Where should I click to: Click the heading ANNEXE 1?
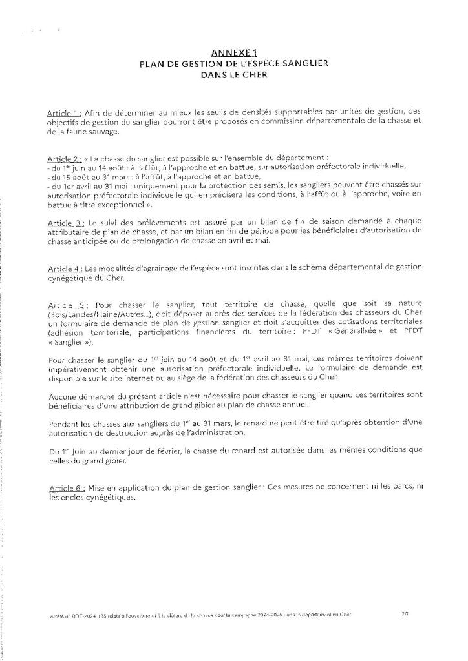point(234,53)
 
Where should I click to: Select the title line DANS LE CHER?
point(234,74)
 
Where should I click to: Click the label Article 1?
point(63,111)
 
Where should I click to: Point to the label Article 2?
point(63,158)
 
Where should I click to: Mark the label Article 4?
point(63,268)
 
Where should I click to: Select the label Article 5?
point(65,305)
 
